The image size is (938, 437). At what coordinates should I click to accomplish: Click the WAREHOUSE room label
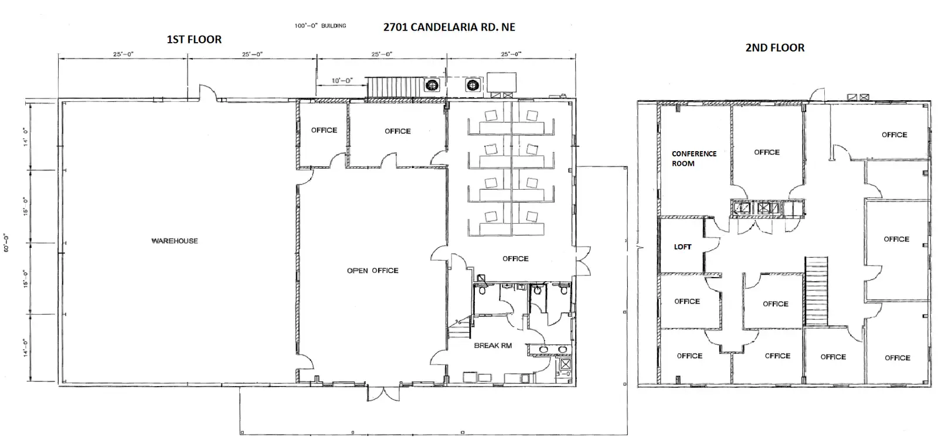(175, 241)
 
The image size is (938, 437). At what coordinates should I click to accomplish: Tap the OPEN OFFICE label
(372, 271)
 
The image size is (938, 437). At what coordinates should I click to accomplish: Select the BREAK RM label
(493, 346)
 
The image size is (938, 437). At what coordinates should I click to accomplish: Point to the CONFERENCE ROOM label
(694, 159)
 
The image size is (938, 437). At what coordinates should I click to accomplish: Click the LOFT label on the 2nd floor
(682, 247)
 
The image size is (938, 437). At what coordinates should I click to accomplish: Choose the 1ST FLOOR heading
(194, 39)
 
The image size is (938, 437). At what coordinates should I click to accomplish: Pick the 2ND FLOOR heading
(774, 47)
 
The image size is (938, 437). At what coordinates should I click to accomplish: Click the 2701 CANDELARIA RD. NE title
(449, 27)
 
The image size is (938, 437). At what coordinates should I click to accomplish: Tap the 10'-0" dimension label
(342, 80)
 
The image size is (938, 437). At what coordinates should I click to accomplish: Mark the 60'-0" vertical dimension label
(6, 243)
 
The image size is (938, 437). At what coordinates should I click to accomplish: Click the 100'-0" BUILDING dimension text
(320, 26)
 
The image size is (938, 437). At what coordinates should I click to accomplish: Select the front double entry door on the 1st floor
(383, 394)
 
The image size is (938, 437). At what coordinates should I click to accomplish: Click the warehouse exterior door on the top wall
(208, 93)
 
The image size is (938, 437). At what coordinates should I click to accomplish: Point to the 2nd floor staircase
(816, 291)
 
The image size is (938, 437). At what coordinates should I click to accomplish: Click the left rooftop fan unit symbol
(432, 86)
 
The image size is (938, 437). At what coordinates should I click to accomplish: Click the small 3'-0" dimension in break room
(563, 373)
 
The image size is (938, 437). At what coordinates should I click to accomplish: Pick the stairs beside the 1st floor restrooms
(460, 328)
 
